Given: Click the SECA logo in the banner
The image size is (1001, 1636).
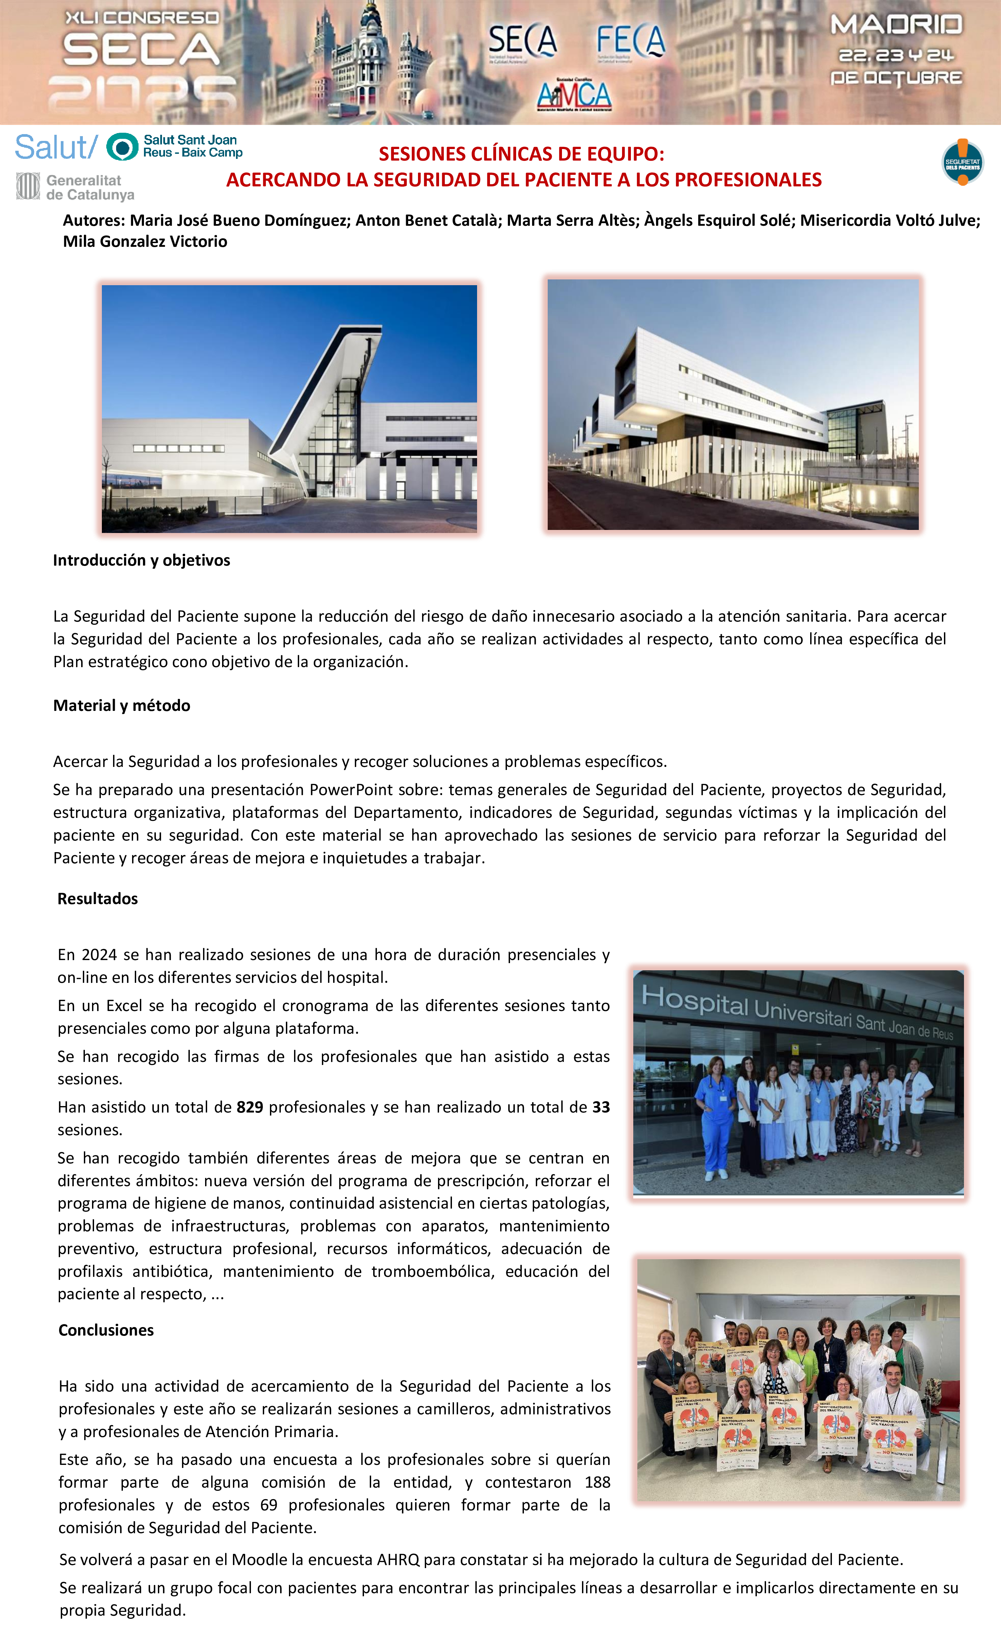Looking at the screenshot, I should click(x=523, y=42).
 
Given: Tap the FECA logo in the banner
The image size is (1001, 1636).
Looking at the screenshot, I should click(x=630, y=42).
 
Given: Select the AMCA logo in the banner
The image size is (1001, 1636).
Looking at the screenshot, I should click(x=574, y=95).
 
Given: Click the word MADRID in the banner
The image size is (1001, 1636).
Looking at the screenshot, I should click(x=896, y=25).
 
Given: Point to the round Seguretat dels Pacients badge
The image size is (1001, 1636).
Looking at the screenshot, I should click(x=963, y=162).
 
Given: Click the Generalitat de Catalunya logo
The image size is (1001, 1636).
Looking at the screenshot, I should click(x=75, y=187).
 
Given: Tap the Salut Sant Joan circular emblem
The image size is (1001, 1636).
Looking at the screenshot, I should click(x=122, y=147).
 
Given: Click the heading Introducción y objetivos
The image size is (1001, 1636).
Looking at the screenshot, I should click(x=142, y=560).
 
